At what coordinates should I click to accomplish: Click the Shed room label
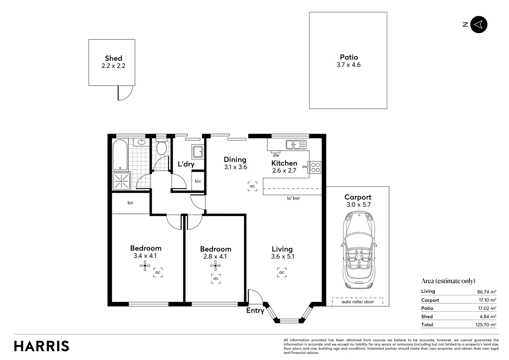click(x=113, y=58)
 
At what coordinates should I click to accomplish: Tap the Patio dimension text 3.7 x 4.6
click(x=348, y=65)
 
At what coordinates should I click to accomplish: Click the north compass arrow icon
click(x=479, y=25)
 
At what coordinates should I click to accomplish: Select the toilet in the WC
click(x=162, y=146)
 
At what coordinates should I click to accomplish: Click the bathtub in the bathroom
click(x=120, y=155)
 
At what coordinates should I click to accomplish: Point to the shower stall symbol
click(x=121, y=181)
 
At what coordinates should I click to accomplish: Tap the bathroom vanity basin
click(x=142, y=142)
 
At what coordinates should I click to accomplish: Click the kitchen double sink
click(x=296, y=145)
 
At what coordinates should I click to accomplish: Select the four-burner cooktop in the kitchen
click(x=315, y=167)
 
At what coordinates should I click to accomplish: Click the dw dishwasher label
click(x=276, y=155)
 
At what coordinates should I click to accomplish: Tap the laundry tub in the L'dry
click(x=198, y=151)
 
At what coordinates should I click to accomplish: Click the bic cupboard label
click(x=198, y=181)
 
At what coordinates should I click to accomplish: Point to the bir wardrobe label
click(x=130, y=203)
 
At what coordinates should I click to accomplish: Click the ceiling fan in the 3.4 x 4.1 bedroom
click(x=145, y=266)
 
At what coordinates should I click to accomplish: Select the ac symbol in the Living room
click(x=282, y=272)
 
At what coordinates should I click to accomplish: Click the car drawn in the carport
click(x=358, y=250)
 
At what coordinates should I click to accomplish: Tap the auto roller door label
click(x=358, y=302)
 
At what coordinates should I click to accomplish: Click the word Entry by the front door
click(x=255, y=311)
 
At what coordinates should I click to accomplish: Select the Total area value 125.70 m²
click(x=486, y=325)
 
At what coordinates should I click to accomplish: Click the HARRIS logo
click(x=42, y=346)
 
